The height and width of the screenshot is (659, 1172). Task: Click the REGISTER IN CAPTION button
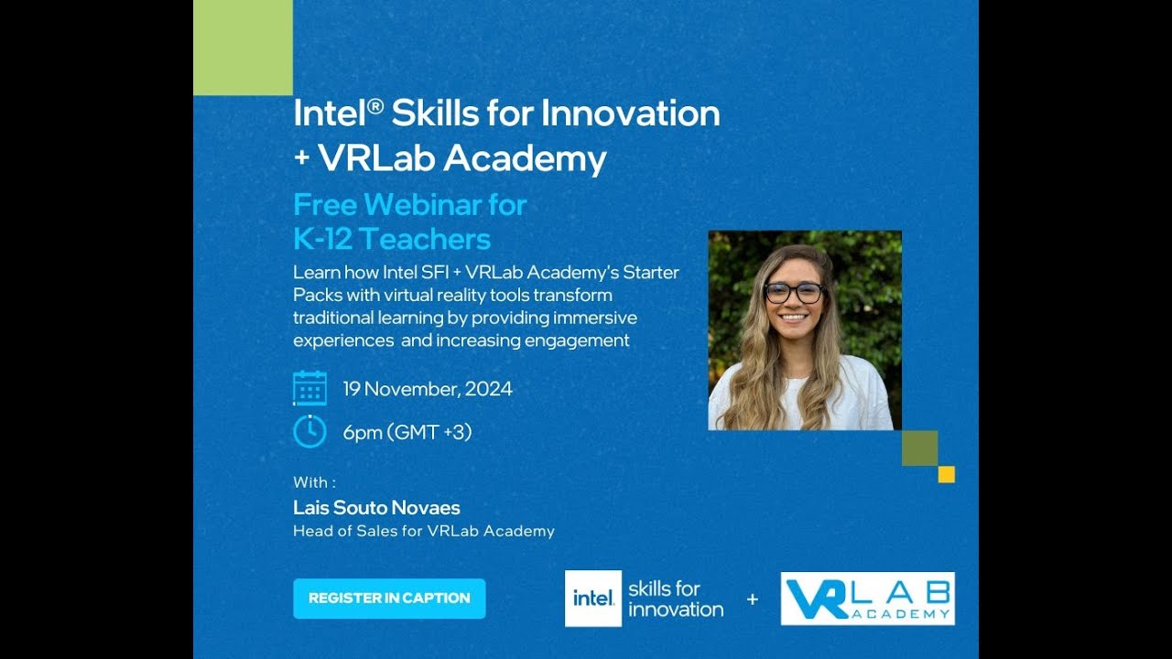[x=389, y=599]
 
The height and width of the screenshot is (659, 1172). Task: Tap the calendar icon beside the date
[x=309, y=388]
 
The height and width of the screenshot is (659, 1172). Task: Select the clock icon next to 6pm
[x=309, y=431]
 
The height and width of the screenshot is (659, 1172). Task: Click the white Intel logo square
[x=592, y=599]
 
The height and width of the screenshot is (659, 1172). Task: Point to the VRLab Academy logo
[x=867, y=599]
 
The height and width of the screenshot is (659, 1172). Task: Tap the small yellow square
[x=947, y=474]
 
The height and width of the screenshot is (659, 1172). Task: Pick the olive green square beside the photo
[x=919, y=448]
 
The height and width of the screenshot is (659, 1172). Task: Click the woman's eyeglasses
[x=794, y=293]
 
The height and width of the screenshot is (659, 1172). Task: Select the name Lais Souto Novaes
[x=376, y=508]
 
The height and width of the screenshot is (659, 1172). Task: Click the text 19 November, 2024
[x=428, y=388]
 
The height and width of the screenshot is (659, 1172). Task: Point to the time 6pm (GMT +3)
[x=407, y=432]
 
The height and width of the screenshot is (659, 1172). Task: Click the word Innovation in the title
[x=630, y=113]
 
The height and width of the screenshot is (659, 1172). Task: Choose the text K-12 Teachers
[x=392, y=240]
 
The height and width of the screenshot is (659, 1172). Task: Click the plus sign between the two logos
[x=753, y=600]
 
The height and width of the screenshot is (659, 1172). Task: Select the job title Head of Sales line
[x=423, y=531]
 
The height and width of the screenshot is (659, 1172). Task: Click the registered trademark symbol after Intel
[x=374, y=106]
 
